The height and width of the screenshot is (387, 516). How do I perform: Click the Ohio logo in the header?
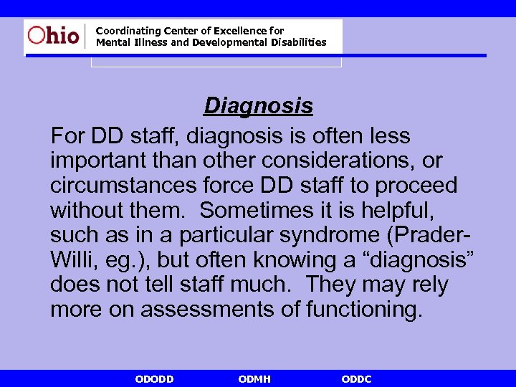53,35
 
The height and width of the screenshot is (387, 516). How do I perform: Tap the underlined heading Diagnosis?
258,106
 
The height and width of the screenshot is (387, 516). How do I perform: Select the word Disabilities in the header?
293,42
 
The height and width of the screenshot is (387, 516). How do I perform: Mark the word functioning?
365,310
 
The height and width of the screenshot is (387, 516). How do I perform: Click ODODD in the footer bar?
154,379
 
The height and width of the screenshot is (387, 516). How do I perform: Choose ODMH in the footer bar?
254,379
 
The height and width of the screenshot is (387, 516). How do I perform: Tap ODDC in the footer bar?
356,379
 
